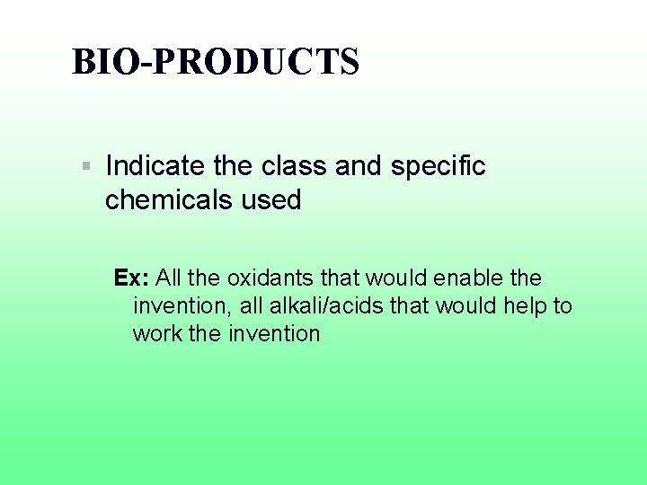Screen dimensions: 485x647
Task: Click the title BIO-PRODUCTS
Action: tap(216, 62)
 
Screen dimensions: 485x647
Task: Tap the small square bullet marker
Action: tap(85, 166)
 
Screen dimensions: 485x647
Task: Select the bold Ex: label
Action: tap(131, 278)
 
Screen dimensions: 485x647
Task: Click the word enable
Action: tap(466, 278)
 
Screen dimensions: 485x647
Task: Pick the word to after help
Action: tap(563, 306)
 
